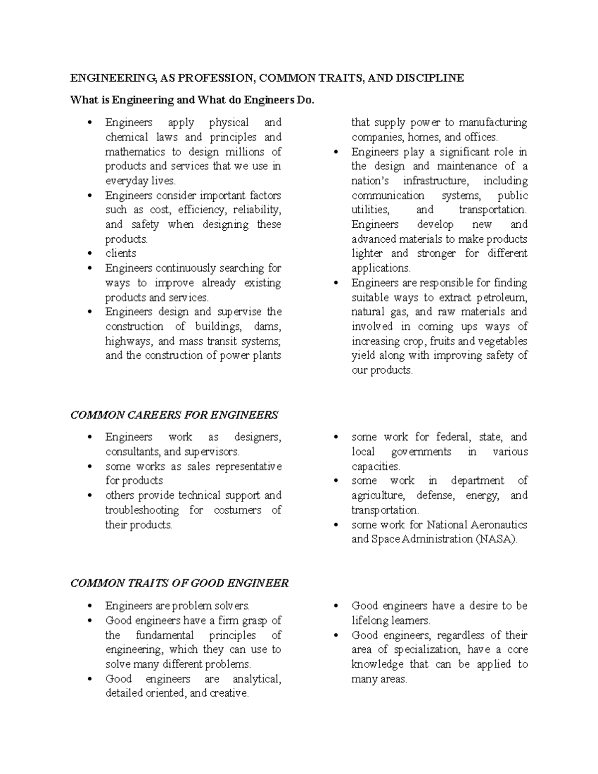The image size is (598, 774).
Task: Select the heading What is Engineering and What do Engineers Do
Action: [193, 100]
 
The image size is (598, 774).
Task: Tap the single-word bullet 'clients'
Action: [121, 253]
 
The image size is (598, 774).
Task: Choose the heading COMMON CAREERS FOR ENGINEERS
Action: [174, 415]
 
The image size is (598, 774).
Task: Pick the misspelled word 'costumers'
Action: [237, 510]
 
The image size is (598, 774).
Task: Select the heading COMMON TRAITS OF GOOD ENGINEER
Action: [179, 583]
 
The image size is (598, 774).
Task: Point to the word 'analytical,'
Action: [257, 679]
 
